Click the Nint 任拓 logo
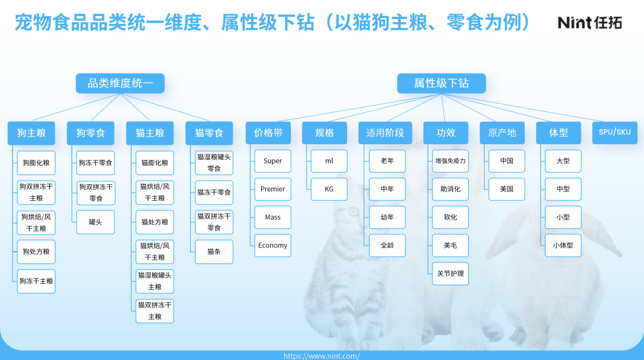click(590, 22)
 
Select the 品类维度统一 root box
click(120, 83)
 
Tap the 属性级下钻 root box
click(441, 83)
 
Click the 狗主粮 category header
click(31, 133)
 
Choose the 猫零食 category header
click(209, 133)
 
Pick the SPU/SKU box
click(614, 132)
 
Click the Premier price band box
click(273, 189)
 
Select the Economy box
click(273, 246)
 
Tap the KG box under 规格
click(329, 189)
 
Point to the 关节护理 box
click(450, 274)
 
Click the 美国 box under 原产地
click(506, 189)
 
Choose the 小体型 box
click(563, 246)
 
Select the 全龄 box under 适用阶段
click(387, 246)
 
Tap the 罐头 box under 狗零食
click(95, 222)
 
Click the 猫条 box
click(213, 252)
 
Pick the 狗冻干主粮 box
click(36, 281)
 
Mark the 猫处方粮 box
click(154, 222)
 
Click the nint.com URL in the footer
click(321, 356)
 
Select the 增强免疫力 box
click(450, 161)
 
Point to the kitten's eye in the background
click(353, 212)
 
